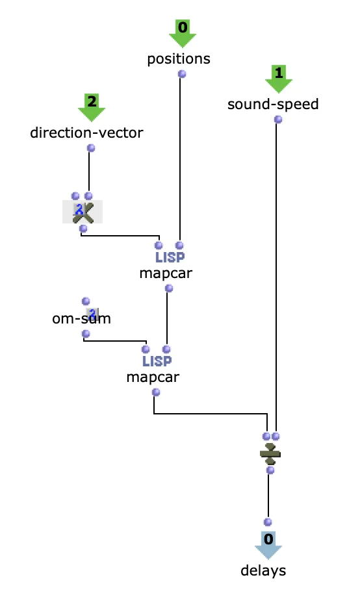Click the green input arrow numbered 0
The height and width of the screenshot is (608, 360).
click(x=183, y=33)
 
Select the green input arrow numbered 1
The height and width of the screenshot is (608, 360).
click(x=279, y=79)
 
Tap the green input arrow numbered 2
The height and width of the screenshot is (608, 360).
click(x=92, y=107)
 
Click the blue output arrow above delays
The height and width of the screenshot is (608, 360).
click(x=268, y=545)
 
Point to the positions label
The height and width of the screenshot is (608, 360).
click(x=179, y=59)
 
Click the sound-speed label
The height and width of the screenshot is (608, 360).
click(x=273, y=105)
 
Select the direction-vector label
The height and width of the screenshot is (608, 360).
click(x=86, y=133)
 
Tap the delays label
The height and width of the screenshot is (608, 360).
click(x=263, y=570)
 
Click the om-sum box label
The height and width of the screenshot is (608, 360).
click(x=81, y=318)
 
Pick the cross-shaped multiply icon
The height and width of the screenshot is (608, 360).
click(x=83, y=212)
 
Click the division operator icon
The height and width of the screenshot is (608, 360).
click(x=270, y=453)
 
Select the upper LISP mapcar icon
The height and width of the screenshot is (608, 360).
click(x=170, y=257)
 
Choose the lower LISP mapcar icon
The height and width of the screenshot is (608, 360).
click(x=157, y=361)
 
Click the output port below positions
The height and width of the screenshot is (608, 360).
click(x=181, y=73)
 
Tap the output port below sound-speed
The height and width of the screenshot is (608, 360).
click(x=277, y=120)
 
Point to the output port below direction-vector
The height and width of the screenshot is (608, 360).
click(x=91, y=147)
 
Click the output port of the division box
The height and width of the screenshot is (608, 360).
click(x=270, y=470)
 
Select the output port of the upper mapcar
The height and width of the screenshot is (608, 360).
click(x=169, y=288)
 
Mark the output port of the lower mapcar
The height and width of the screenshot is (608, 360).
click(x=156, y=392)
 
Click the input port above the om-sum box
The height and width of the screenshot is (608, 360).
click(x=86, y=301)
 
